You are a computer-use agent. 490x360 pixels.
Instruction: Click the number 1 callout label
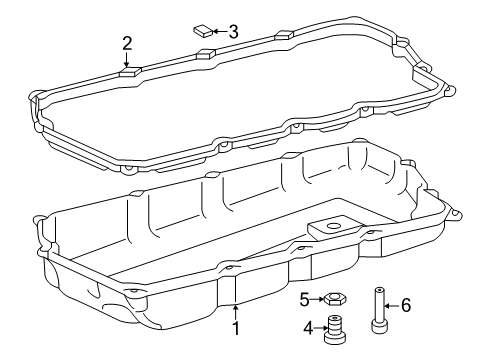pyautogui.click(x=236, y=328)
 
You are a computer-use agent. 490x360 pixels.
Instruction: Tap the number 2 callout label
pyautogui.click(x=127, y=42)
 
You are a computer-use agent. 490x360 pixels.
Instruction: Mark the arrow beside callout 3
pyautogui.click(x=216, y=32)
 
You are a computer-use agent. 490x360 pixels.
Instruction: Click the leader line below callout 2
pyautogui.click(x=127, y=59)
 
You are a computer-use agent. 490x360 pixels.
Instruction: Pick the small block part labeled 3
pyautogui.click(x=200, y=31)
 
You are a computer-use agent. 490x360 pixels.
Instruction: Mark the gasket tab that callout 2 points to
pyautogui.click(x=127, y=71)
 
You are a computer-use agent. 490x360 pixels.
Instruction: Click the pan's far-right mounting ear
pyautogui.click(x=457, y=242)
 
